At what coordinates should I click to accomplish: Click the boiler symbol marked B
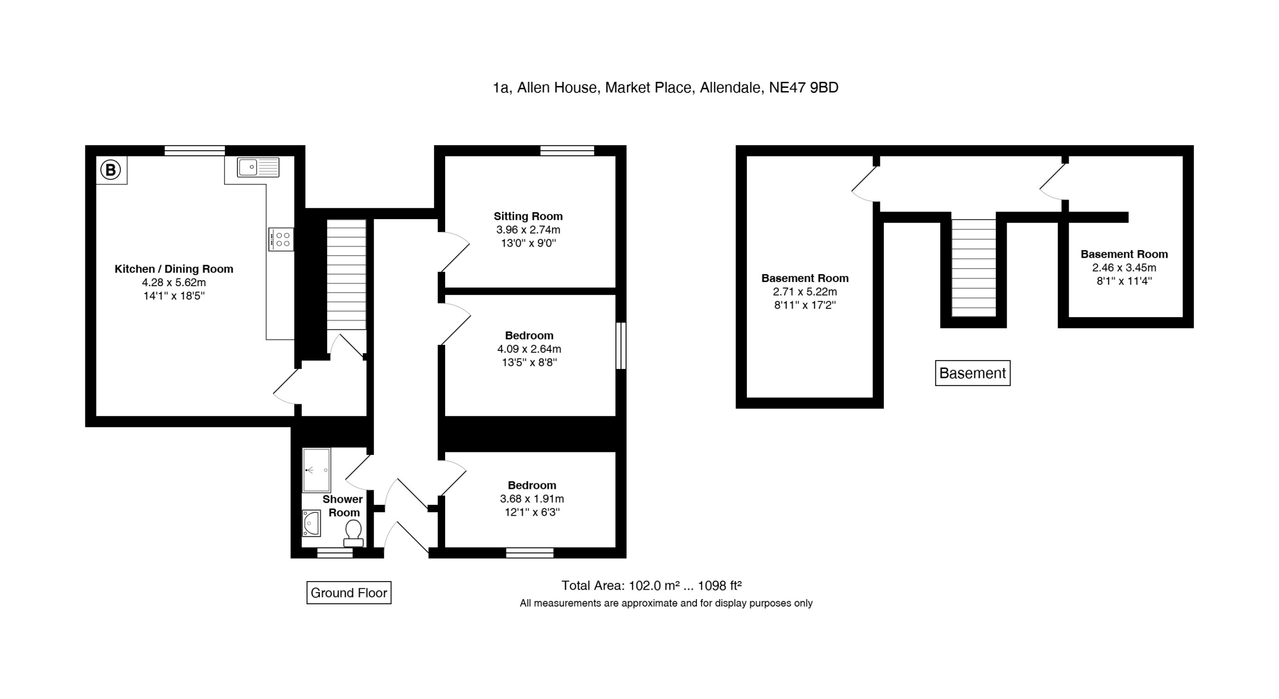coord(111,170)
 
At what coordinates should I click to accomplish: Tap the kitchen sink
coord(258,167)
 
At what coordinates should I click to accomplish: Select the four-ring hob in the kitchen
coord(281,239)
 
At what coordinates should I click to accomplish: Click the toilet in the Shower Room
coord(353,533)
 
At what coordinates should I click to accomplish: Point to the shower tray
coord(316,470)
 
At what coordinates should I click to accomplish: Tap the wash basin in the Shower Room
coord(311,523)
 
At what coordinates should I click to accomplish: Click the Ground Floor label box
coord(349,593)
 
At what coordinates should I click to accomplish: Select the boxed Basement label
coord(973,373)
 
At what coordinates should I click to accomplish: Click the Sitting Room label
coord(528,216)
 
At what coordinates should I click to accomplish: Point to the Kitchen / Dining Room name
coord(174,269)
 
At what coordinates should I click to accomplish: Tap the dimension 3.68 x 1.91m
coord(532,498)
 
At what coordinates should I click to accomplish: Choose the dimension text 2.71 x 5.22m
coord(805,292)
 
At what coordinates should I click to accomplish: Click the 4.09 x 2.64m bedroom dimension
coord(529,349)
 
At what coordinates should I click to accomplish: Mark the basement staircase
coord(974,268)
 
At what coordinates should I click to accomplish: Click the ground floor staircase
coord(346,275)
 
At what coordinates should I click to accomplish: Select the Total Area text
coord(651,585)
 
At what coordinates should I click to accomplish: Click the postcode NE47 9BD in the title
coord(803,87)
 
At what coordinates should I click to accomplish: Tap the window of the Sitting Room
coord(567,150)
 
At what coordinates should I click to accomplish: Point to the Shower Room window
coord(335,553)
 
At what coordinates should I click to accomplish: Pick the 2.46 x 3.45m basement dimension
coord(1124,267)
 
